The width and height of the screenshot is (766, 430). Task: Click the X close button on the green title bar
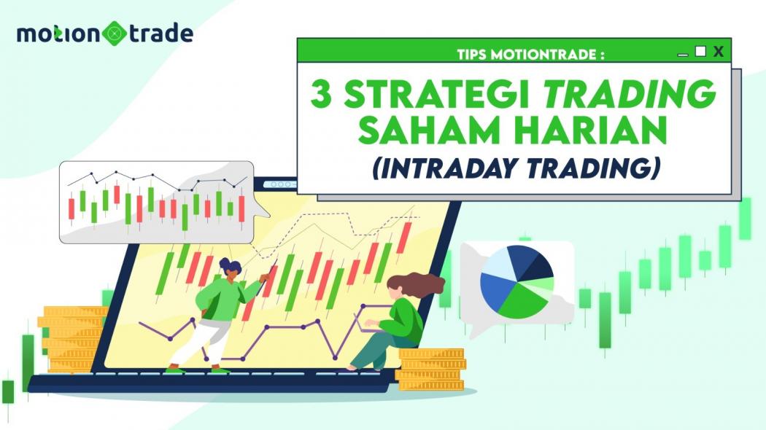719,51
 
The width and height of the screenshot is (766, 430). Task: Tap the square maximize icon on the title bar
700,51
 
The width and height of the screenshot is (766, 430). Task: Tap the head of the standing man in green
230,268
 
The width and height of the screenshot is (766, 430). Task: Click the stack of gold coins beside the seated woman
430,369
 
